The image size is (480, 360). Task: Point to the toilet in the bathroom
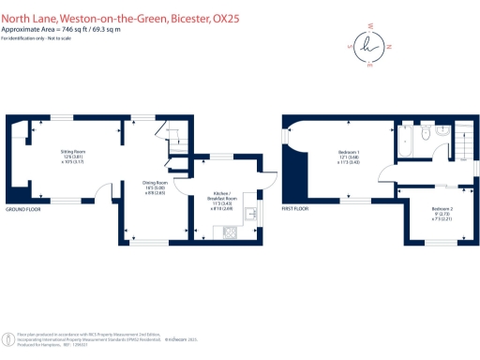pyautogui.click(x=427, y=135)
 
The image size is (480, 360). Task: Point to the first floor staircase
pyautogui.click(x=464, y=141)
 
